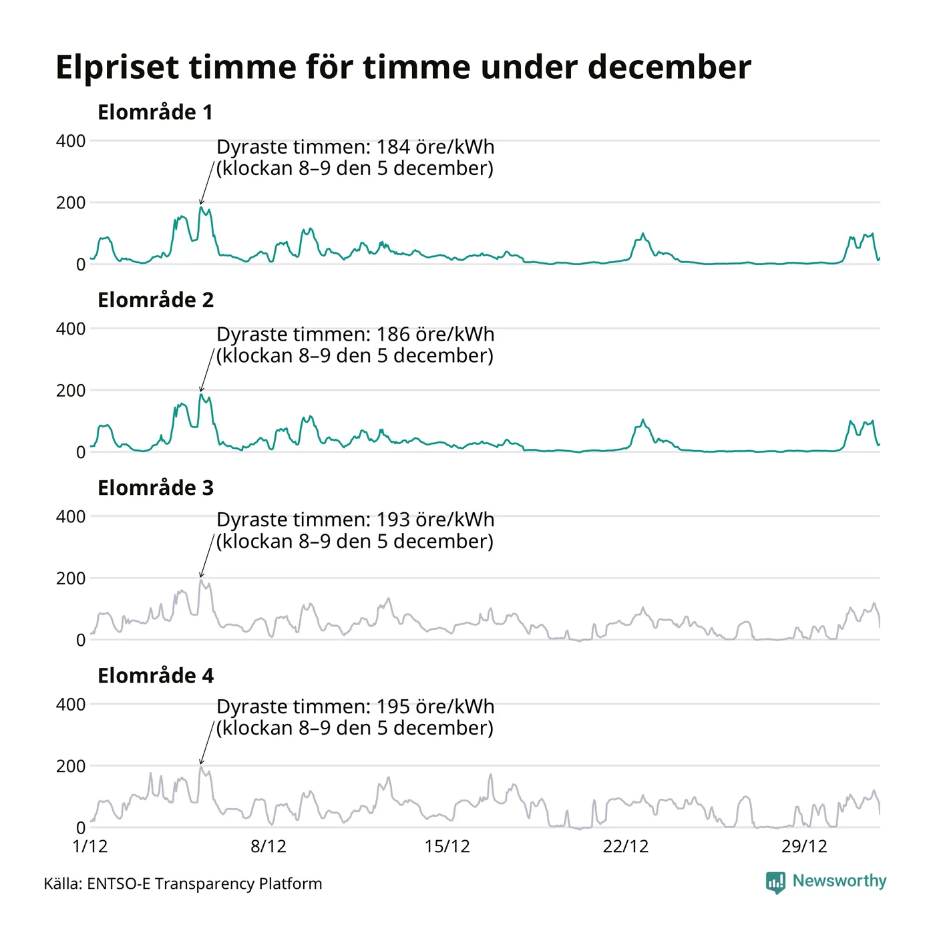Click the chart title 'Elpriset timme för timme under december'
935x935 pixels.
[403, 67]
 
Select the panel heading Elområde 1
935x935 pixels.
[155, 112]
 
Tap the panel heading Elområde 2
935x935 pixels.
[155, 300]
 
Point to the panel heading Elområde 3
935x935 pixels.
[155, 488]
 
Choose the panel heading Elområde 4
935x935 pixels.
[155, 675]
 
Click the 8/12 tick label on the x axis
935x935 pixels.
[268, 846]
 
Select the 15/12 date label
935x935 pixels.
[447, 846]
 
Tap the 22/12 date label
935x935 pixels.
[626, 846]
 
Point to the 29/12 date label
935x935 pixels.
[804, 846]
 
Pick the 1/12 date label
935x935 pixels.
[90, 846]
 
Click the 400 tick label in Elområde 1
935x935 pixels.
[71, 141]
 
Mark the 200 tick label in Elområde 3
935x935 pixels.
[71, 578]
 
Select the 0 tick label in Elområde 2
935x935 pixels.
[81, 452]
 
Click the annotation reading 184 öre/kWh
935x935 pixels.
[355, 157]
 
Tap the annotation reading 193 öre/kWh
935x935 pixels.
[355, 530]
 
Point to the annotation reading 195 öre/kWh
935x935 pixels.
[355, 717]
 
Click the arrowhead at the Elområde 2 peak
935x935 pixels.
[201, 389]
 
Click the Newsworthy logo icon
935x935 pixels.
[775, 882]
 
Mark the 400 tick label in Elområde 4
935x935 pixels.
[71, 704]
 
